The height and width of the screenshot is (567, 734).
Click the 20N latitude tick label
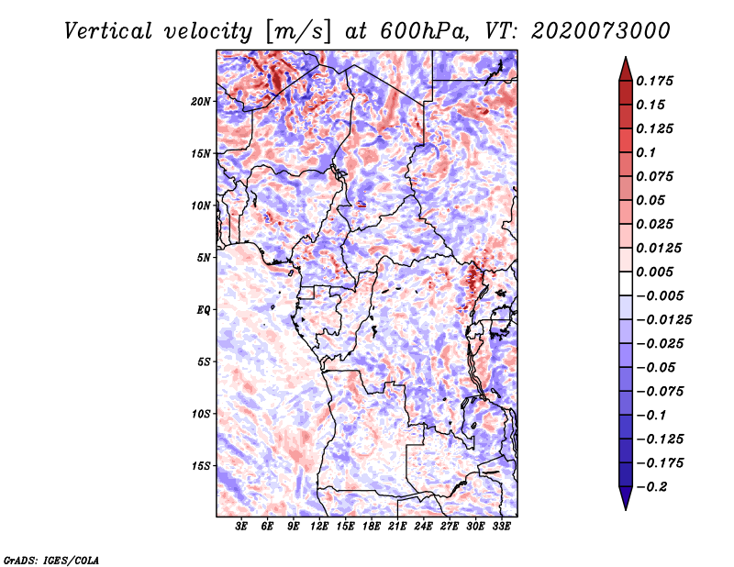pos(201,101)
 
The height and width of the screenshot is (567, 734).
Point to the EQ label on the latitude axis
pos(203,310)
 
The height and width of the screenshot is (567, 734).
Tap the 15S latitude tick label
pos(201,466)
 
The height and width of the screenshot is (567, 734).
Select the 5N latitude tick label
pos(204,258)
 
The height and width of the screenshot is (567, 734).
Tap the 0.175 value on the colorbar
pos(656,81)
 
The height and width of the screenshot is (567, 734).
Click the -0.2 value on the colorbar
pos(652,487)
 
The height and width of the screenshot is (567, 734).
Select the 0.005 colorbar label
pos(656,272)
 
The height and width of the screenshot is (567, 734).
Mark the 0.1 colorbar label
pos(650,151)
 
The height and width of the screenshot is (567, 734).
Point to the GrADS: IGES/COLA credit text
pos(50,559)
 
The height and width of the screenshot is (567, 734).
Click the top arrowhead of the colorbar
pos(625,65)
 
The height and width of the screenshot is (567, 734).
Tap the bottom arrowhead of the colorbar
pos(625,501)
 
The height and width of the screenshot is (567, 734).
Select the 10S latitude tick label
pos(201,414)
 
